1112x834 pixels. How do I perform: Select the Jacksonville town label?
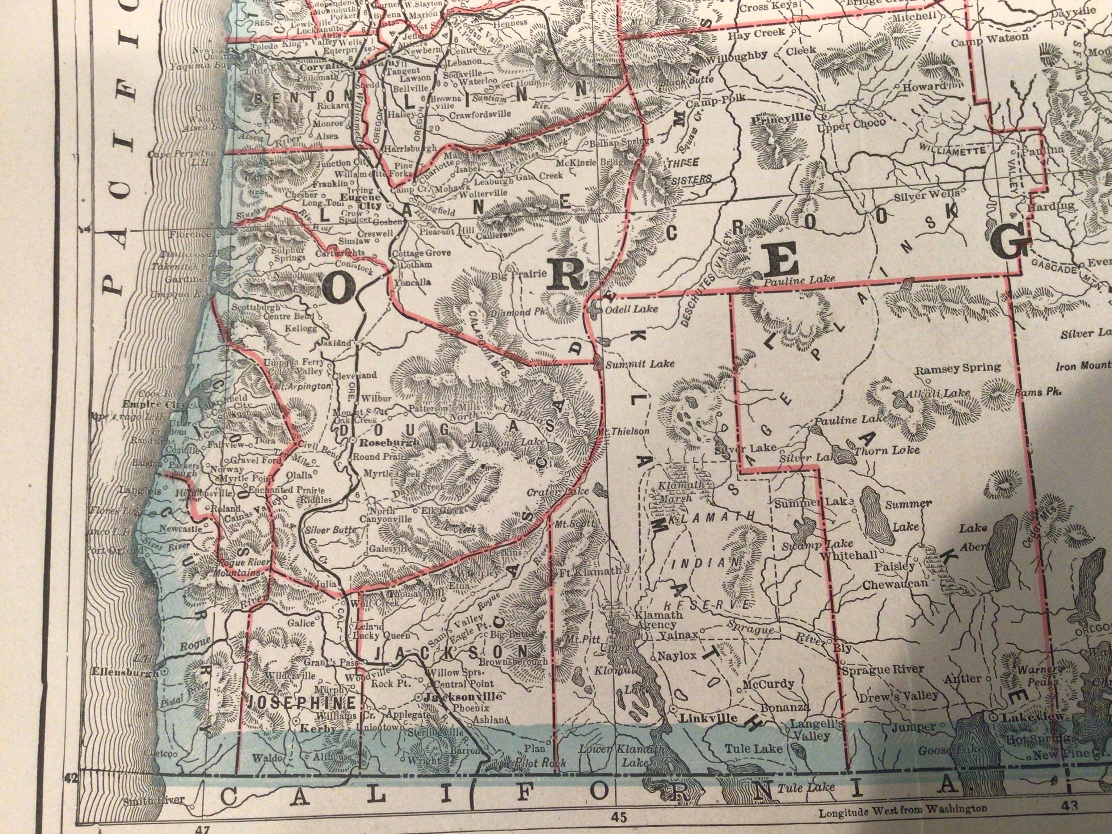tap(463, 697)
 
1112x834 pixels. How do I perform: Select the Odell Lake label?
tap(631, 309)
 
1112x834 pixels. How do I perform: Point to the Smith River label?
tap(154, 800)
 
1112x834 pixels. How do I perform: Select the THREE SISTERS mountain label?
tap(689, 171)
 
